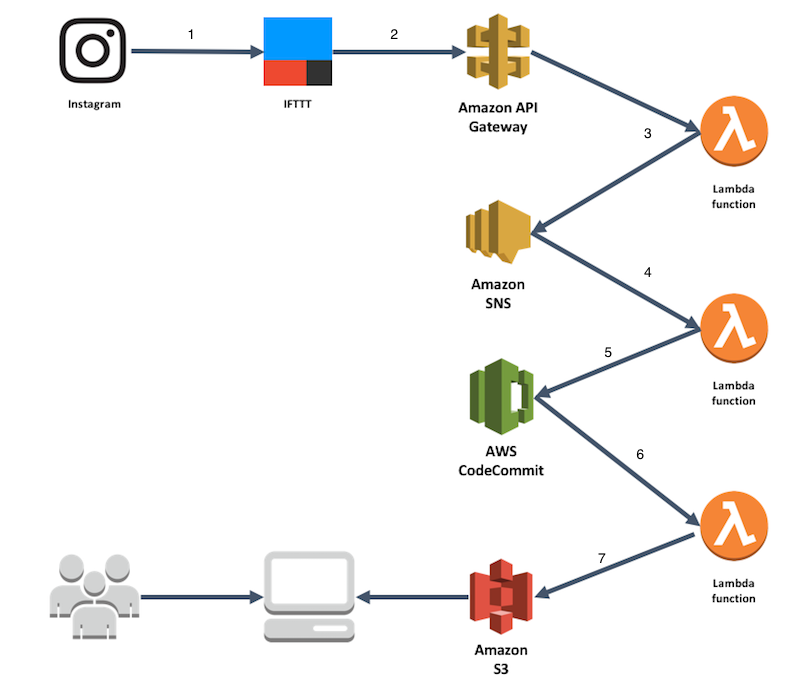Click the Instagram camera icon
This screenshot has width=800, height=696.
[95, 53]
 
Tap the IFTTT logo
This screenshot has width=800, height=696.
[298, 52]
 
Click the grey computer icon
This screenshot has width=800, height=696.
[308, 597]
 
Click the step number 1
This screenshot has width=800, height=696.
[191, 35]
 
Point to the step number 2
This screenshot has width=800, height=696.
[394, 34]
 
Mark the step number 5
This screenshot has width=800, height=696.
[607, 353]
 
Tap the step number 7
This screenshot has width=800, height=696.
[601, 558]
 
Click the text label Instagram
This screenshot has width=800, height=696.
[94, 104]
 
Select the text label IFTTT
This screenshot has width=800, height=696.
[297, 103]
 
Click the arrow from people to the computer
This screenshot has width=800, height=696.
[196, 599]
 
